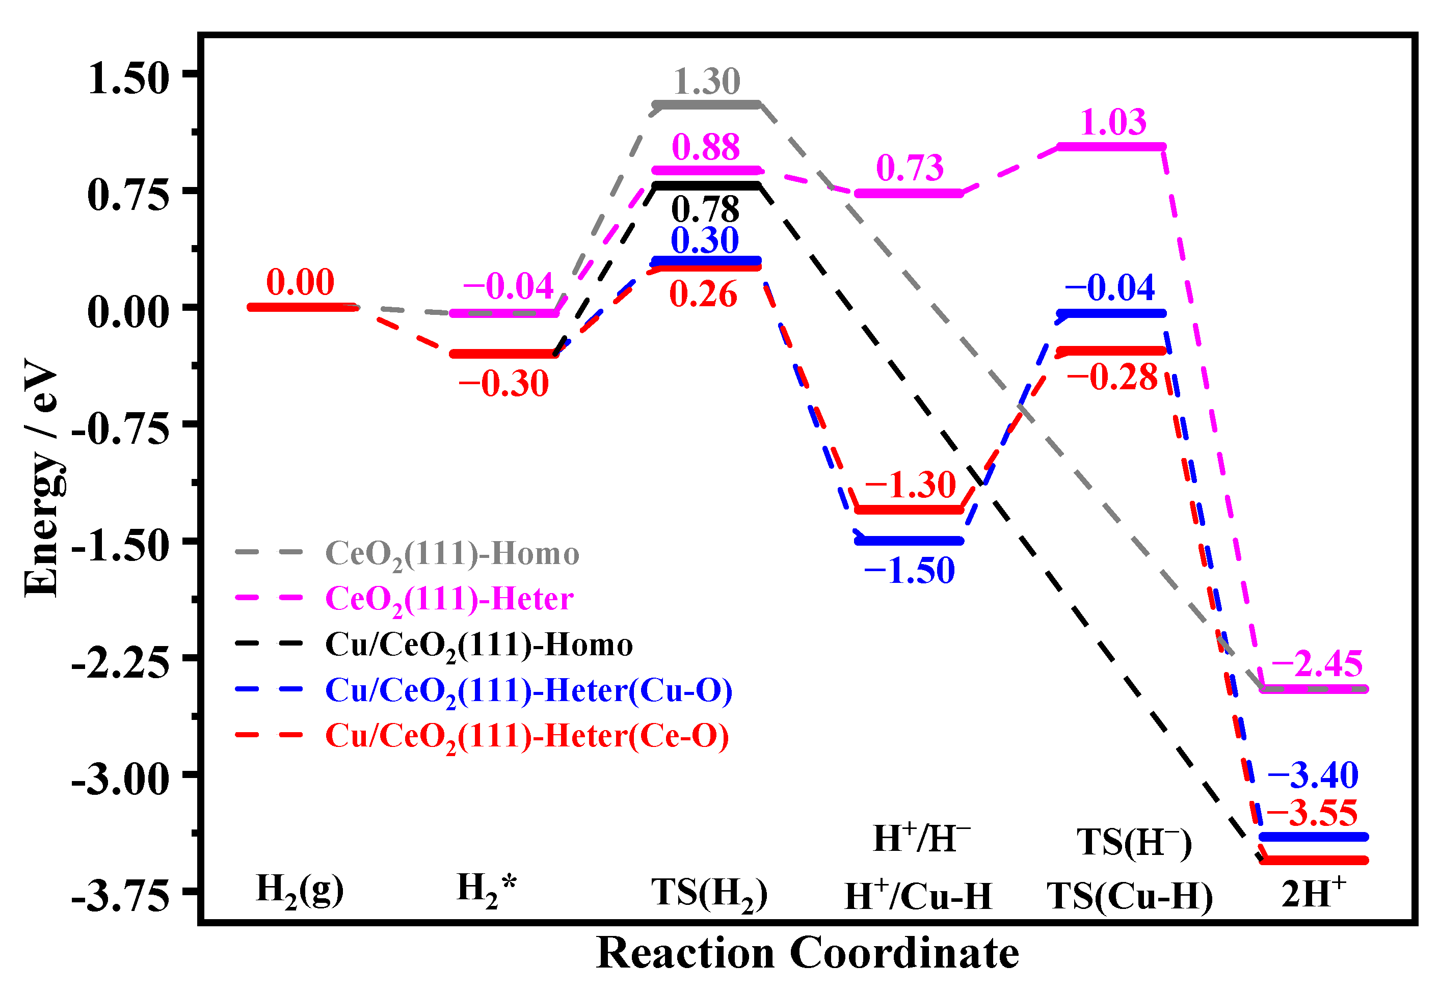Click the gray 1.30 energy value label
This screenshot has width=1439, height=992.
click(x=707, y=82)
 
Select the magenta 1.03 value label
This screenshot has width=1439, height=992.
click(x=1113, y=122)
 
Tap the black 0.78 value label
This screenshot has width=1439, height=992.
click(x=706, y=209)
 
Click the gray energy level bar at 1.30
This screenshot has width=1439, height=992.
click(x=707, y=104)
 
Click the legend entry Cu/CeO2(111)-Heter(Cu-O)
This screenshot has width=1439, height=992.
click(x=528, y=690)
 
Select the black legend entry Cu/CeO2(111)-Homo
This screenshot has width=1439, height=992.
click(x=478, y=645)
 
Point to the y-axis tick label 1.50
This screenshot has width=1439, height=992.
click(x=128, y=79)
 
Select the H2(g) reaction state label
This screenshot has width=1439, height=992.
click(x=300, y=890)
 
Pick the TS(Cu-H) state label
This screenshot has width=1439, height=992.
click(x=1130, y=897)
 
